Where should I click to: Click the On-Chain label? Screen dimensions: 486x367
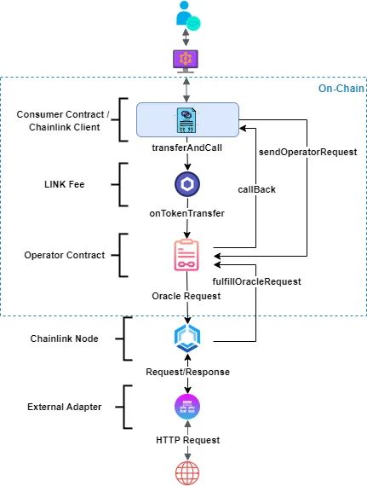341,87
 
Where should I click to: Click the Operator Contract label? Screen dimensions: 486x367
64,254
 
